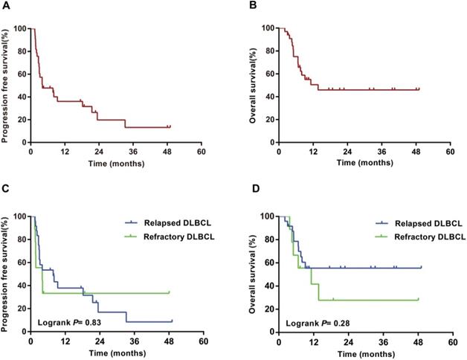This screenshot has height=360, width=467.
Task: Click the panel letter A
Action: pyautogui.click(x=5, y=8)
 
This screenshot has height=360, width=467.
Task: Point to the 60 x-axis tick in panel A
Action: pyautogui.click(x=201, y=150)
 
